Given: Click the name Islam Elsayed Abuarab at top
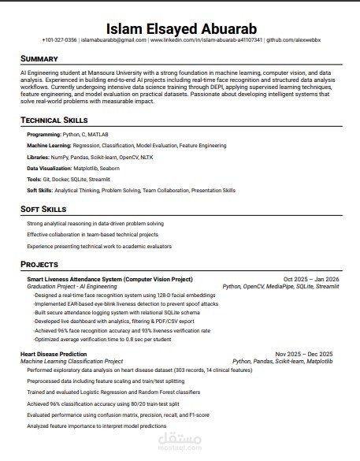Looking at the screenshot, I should coord(180,24).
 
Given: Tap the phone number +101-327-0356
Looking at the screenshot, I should coord(60,39).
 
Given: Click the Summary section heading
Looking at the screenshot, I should coord(39,59).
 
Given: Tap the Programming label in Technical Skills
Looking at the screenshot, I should coord(43,136).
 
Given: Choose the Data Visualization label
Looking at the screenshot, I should coord(52,169).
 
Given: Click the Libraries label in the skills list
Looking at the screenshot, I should coord(39,158).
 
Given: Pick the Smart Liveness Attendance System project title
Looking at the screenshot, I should coord(109,280).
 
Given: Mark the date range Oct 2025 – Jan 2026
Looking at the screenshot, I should coord(311,280).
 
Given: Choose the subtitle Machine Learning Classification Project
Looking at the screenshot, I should coord(75,361).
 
